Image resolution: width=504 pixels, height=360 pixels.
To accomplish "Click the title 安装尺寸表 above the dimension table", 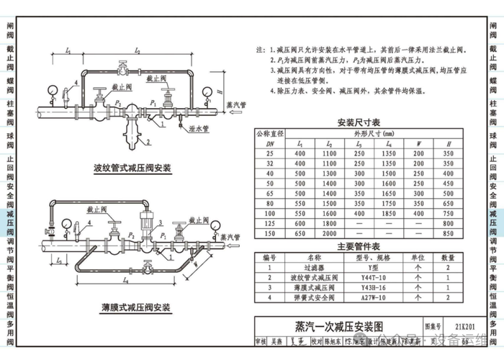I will click(x=358, y=122).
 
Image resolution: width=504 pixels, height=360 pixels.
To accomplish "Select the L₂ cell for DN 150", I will click(x=330, y=234).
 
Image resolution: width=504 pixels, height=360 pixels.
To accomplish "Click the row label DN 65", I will click(x=270, y=194).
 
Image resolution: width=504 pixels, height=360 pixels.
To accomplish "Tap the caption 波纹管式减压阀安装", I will click(x=132, y=168).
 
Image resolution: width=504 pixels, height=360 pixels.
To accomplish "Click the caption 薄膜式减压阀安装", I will click(x=132, y=307).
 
